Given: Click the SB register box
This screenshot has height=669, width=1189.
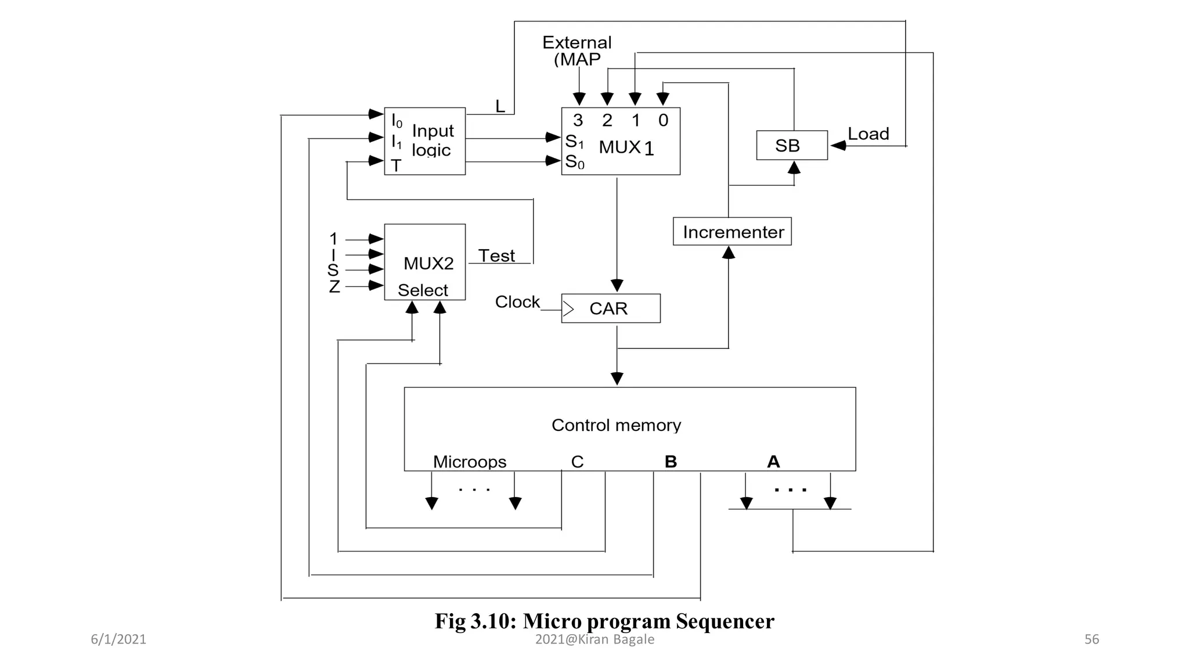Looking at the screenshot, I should click(x=791, y=145).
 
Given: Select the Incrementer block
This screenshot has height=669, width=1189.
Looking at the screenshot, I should click(x=732, y=232).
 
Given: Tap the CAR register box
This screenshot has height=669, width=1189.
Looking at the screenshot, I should click(x=610, y=308).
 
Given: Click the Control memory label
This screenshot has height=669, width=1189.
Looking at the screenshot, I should click(x=616, y=425).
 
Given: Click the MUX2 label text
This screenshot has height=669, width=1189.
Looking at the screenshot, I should click(x=428, y=264).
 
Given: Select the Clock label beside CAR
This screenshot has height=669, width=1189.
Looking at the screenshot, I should click(x=517, y=302).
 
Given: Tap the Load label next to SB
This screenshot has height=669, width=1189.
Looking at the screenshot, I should click(x=868, y=134).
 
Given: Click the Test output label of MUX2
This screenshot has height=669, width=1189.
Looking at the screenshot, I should click(x=496, y=256).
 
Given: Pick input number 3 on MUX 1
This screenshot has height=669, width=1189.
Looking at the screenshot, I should click(x=578, y=120).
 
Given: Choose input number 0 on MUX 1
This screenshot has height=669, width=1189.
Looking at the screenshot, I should click(x=663, y=120).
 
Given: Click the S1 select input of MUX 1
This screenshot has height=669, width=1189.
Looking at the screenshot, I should click(x=574, y=141).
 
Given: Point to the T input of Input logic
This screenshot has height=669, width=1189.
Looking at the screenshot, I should click(x=396, y=166).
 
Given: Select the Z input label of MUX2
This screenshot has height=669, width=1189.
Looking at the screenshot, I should click(x=334, y=287).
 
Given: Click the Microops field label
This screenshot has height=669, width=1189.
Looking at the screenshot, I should click(x=470, y=462).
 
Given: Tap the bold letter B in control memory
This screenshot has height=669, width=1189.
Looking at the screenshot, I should click(x=671, y=462).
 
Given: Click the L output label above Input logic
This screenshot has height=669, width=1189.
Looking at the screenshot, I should click(x=500, y=106).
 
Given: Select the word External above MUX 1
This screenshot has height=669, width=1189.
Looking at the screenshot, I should click(x=577, y=42).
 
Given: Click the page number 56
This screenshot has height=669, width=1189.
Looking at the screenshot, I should click(x=1091, y=639).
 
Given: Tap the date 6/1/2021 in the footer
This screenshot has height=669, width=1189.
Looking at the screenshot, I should click(x=118, y=639).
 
